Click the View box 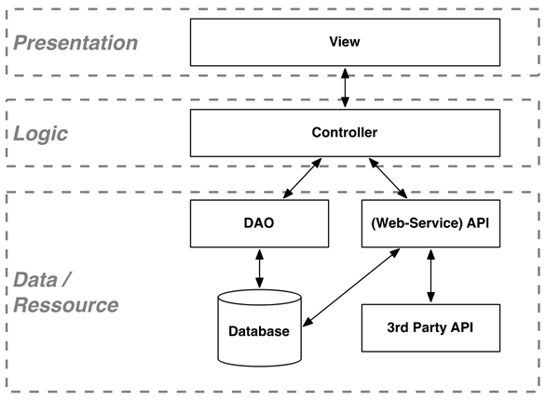[345, 42]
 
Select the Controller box [345, 133]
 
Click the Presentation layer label [75, 43]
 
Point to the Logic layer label [42, 133]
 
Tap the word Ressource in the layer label [65, 304]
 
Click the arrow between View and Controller [345, 87]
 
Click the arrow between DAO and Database [259, 268]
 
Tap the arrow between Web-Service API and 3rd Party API [430, 275]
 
